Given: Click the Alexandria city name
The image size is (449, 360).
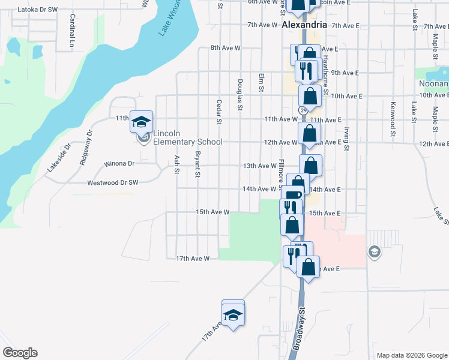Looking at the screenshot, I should (304, 25).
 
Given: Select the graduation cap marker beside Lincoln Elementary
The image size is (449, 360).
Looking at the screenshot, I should (142, 122).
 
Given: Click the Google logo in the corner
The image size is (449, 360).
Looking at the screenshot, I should (19, 353).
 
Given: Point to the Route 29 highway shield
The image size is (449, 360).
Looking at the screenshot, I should (303, 110).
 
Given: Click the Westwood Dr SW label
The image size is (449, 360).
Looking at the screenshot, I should (113, 182).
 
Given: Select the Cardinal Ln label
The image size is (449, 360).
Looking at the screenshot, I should (71, 31).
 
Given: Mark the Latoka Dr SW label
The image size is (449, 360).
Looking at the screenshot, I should (37, 10).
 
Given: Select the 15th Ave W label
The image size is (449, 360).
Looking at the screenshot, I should (212, 212).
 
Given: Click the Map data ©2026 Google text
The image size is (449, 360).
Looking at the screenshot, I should (412, 355).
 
